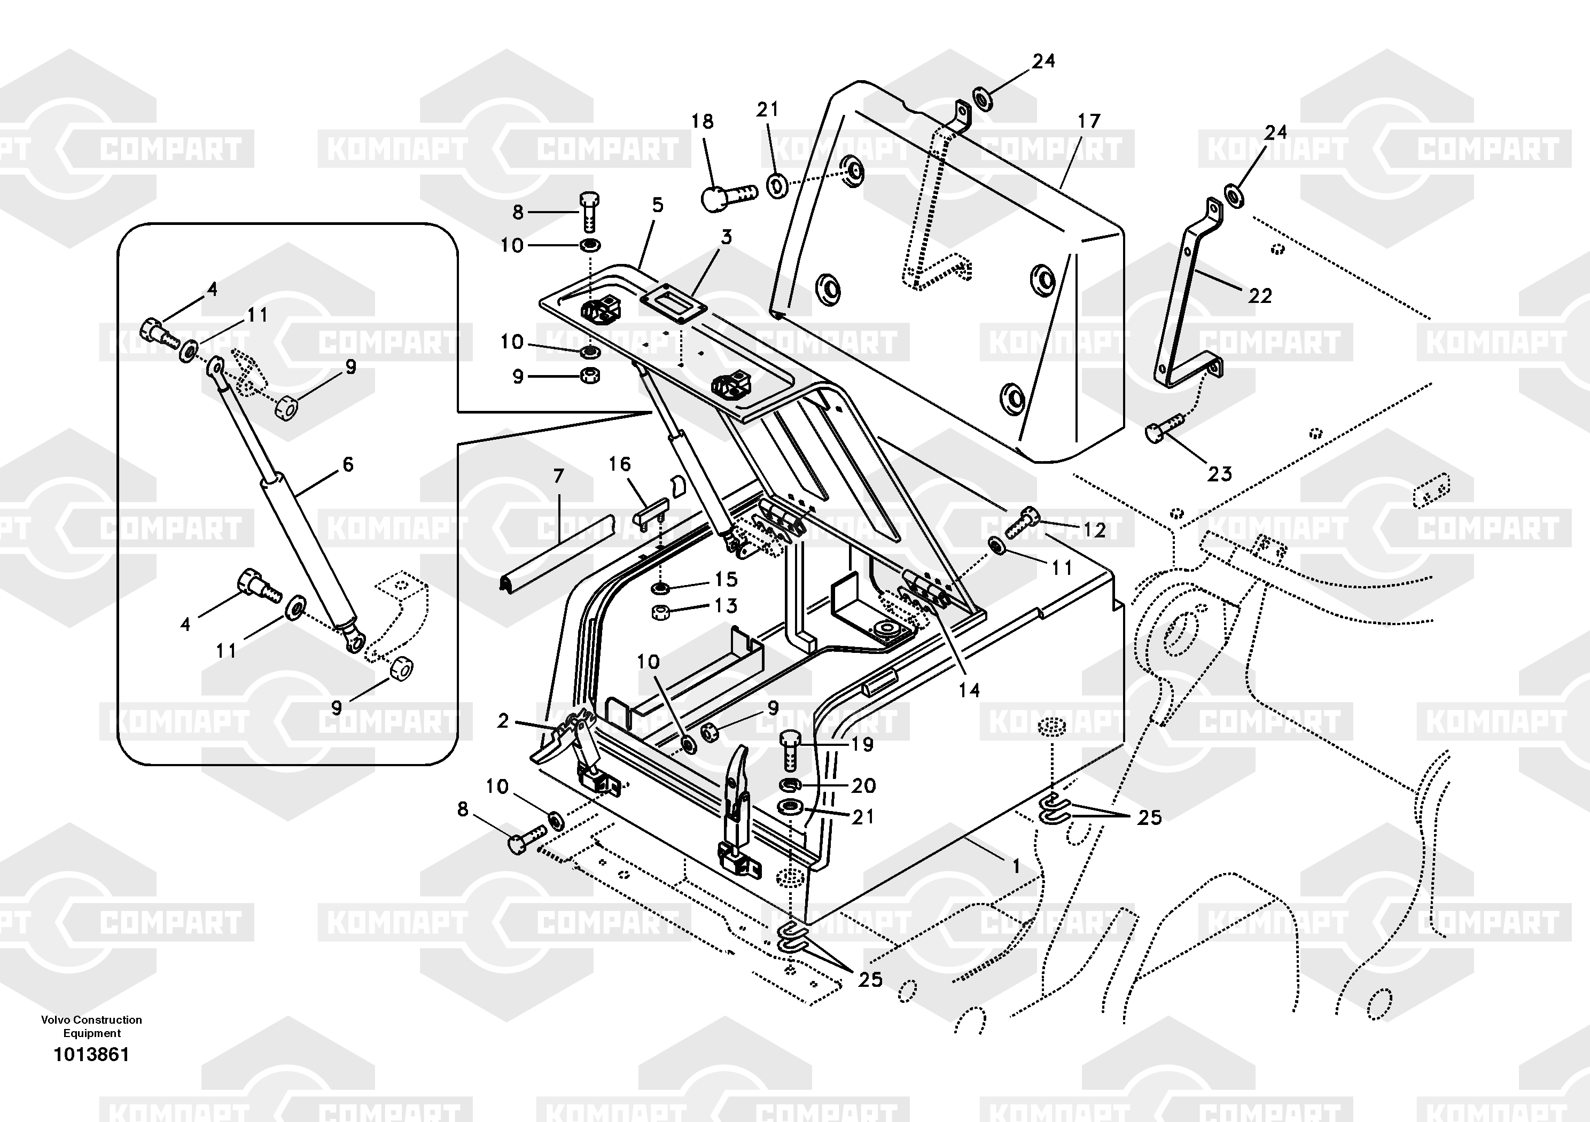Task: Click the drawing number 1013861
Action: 91,1055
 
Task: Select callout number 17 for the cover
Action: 1089,121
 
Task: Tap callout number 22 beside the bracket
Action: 1260,297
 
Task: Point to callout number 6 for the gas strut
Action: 348,464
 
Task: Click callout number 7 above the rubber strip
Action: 558,477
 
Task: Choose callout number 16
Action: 620,464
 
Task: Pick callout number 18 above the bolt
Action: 702,122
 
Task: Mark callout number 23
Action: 1220,474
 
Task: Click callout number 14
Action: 969,690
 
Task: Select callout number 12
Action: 1094,530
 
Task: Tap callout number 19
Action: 862,745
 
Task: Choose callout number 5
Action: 657,205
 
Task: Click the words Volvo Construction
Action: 91,1019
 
